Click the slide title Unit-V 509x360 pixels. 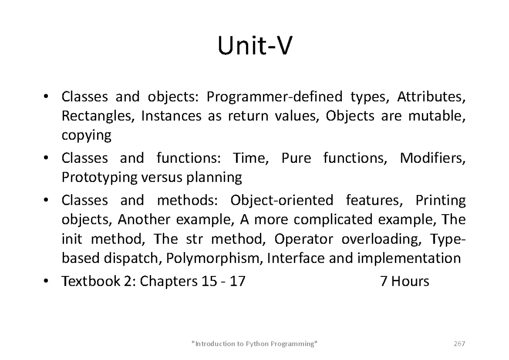255,46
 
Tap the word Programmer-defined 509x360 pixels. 274,97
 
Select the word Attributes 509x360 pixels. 431,97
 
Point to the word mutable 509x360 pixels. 437,116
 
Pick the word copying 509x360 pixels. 87,136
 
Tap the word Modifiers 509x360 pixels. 433,158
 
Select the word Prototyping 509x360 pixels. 100,178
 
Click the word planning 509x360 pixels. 214,178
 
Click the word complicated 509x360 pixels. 333,220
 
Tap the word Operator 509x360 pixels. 304,239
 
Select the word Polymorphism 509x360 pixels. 213,259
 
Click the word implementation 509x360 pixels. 409,259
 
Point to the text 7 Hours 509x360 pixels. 405,281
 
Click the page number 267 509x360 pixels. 459,343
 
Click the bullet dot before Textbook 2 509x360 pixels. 46,281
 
